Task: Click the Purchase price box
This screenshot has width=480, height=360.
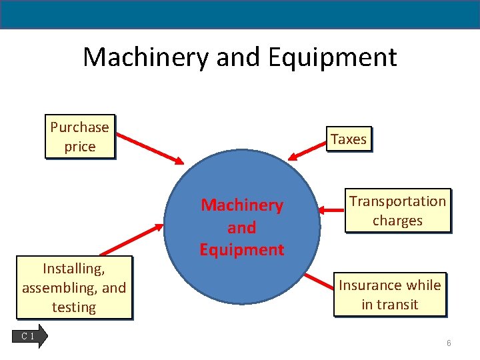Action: (79, 137)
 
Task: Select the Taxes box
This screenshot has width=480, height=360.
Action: (349, 139)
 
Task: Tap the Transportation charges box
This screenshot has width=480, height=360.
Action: (397, 211)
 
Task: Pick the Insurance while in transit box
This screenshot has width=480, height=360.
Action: (389, 295)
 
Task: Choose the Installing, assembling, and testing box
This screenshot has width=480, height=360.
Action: (74, 288)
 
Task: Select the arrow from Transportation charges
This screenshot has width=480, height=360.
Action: (331, 210)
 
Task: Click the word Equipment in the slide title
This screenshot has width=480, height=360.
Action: (332, 57)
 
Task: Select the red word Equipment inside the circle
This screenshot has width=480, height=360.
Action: (241, 250)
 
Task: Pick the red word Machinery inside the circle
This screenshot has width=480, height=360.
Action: (242, 205)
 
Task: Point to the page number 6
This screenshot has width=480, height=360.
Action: (449, 343)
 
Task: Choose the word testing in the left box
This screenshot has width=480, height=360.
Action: (74, 307)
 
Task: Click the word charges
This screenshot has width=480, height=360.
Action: (397, 221)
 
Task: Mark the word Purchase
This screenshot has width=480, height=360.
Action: (79, 127)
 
